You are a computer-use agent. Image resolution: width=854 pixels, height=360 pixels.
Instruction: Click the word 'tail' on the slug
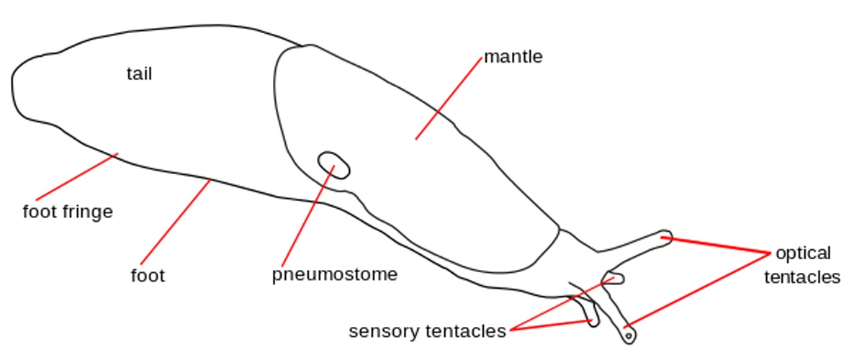click(139, 73)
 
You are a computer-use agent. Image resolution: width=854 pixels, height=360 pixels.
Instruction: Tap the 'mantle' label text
click(513, 56)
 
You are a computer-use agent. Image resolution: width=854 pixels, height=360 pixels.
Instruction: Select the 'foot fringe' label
click(68, 212)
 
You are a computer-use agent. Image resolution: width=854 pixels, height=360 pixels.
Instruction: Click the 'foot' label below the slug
click(148, 275)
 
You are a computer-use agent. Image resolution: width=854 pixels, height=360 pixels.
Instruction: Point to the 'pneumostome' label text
click(335, 274)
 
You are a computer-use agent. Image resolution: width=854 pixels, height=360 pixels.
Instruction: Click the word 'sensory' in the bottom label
click(385, 331)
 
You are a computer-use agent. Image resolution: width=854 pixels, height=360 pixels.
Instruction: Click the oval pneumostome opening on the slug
click(334, 165)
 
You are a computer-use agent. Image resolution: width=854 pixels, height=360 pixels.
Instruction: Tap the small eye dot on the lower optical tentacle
click(629, 335)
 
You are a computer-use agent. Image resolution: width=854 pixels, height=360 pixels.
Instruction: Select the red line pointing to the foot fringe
click(76, 176)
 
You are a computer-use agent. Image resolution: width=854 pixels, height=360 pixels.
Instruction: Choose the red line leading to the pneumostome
click(307, 217)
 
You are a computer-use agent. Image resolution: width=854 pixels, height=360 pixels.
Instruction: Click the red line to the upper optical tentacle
click(716, 245)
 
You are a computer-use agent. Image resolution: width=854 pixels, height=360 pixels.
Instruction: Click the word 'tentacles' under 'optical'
click(802, 277)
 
